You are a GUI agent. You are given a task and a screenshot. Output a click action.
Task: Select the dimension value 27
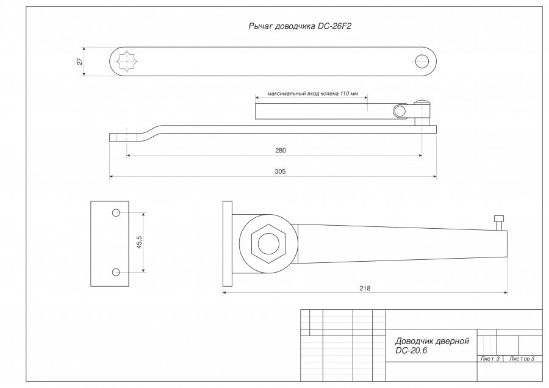pyautogui.click(x=79, y=61)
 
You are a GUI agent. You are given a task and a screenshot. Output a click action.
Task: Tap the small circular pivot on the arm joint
pyautogui.click(x=399, y=110)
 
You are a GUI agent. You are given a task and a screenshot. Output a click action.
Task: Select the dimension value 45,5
pyautogui.click(x=139, y=242)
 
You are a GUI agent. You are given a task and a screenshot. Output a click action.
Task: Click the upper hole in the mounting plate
pyautogui.click(x=116, y=213)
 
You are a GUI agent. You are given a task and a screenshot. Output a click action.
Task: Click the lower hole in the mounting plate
pyautogui.click(x=116, y=271)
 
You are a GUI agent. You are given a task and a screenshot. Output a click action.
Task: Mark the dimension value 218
pyautogui.click(x=365, y=287)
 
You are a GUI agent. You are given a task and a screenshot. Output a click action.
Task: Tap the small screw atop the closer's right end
pyautogui.click(x=500, y=221)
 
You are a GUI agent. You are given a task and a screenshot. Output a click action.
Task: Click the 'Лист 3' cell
pyautogui.click(x=490, y=359)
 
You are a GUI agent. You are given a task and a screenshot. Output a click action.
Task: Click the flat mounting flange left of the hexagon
pyautogui.click(x=228, y=244)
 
